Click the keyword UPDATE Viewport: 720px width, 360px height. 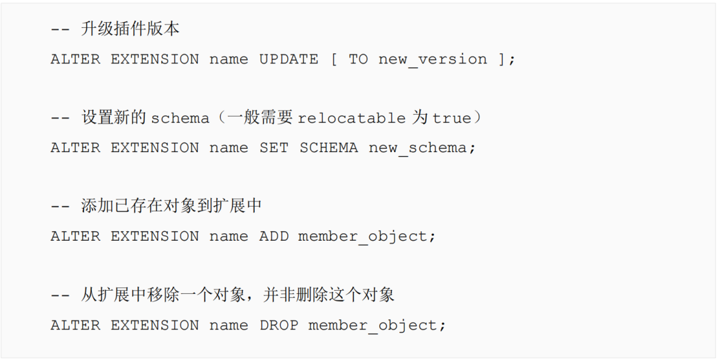(289, 59)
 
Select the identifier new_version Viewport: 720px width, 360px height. (433, 59)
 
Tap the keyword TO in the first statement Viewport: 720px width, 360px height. (358, 59)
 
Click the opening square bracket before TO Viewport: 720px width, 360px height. (333, 59)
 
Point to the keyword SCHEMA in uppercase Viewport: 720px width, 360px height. (329, 148)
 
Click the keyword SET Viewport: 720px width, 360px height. (274, 148)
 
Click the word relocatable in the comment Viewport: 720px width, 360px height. (351, 119)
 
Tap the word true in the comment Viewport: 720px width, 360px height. (451, 119)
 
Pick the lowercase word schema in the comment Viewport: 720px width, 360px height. (180, 119)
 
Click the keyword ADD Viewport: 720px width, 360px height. (274, 237)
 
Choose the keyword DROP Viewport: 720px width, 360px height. (279, 325)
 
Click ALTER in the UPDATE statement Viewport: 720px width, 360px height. (75, 59)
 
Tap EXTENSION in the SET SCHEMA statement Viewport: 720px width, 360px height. (155, 148)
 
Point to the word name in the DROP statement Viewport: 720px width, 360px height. (229, 325)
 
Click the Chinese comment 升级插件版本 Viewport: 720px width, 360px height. (131, 29)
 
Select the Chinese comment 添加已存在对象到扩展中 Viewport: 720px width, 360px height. (171, 207)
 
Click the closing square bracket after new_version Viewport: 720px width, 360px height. (501, 59)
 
